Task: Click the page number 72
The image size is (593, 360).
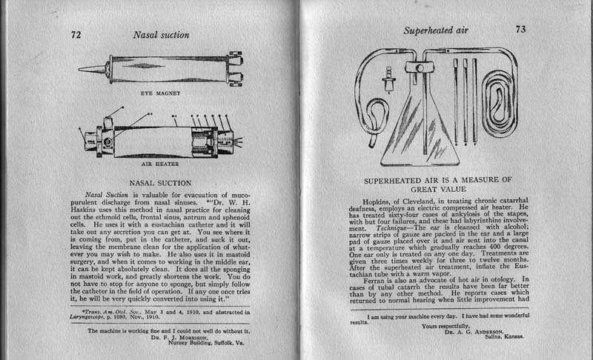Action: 76,34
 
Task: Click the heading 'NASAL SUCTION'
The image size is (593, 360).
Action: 160,181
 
